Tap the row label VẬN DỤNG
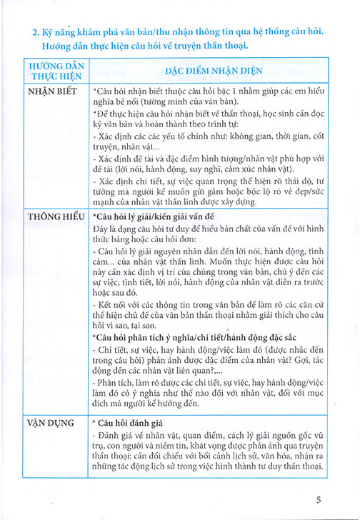pyautogui.click(x=51, y=423)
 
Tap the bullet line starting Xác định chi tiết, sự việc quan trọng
pyautogui.click(x=207, y=181)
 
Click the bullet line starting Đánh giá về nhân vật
pyautogui.click(x=207, y=436)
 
